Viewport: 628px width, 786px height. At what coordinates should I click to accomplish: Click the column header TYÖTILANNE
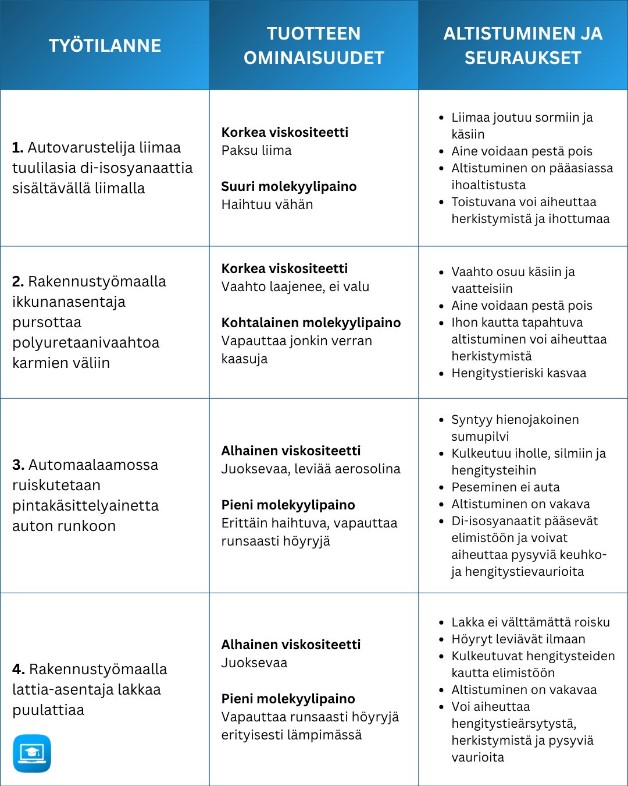click(x=105, y=45)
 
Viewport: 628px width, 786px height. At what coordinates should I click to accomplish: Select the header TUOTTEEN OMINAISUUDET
click(x=313, y=45)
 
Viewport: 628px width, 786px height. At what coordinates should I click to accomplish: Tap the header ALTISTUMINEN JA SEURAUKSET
click(x=523, y=45)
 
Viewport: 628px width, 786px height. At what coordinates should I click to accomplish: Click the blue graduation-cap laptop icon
click(x=32, y=753)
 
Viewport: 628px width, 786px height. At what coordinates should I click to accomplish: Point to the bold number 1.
click(x=17, y=148)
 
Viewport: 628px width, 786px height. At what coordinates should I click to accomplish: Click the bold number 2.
click(x=18, y=282)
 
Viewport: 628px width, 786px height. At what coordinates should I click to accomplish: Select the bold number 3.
click(x=18, y=465)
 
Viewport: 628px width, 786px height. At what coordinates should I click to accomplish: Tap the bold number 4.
click(x=18, y=670)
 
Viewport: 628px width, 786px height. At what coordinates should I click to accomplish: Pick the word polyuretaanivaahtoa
click(x=86, y=343)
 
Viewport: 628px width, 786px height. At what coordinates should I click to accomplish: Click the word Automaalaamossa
click(x=93, y=465)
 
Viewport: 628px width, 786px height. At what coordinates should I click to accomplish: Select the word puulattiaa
click(x=48, y=710)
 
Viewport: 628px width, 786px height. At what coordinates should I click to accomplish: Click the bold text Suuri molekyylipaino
click(x=289, y=187)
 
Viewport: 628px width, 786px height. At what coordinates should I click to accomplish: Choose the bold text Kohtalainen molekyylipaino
click(x=311, y=323)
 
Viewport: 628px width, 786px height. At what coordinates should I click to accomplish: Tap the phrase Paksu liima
click(x=256, y=151)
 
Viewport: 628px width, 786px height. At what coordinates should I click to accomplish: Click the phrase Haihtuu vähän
click(x=267, y=205)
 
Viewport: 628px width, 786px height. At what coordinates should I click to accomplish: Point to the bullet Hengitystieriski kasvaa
click(x=519, y=373)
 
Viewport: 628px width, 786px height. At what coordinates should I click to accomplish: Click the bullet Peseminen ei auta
click(x=505, y=487)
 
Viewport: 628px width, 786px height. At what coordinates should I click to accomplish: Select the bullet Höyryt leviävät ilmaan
click(x=518, y=639)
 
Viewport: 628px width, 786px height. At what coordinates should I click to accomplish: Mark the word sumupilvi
click(x=480, y=437)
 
